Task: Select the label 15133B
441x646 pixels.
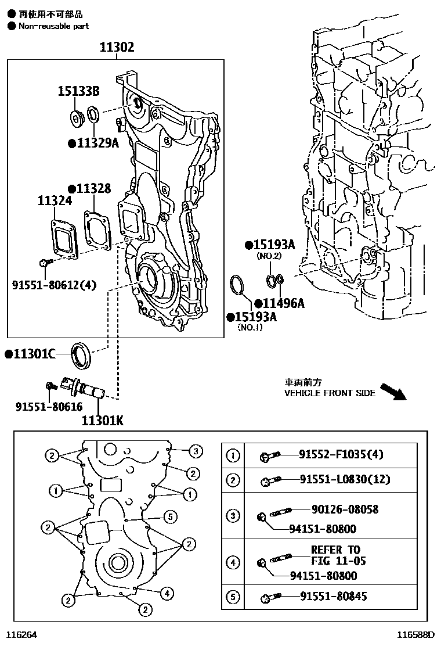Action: [78, 91]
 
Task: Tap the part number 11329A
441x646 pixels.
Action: [93, 142]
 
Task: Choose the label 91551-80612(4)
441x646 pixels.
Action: [54, 285]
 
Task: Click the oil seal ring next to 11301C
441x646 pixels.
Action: [81, 356]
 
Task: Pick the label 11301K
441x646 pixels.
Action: [102, 419]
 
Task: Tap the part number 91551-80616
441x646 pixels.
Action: [49, 407]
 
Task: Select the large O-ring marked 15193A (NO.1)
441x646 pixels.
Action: [238, 286]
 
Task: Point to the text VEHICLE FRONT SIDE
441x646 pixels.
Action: [330, 393]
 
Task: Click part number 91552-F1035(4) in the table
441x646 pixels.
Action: [341, 454]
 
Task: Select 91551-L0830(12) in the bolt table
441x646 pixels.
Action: [345, 479]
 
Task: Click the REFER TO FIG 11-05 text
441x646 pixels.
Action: [335, 555]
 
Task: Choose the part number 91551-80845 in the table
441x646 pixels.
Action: [333, 596]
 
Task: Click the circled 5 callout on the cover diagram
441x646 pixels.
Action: [169, 515]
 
